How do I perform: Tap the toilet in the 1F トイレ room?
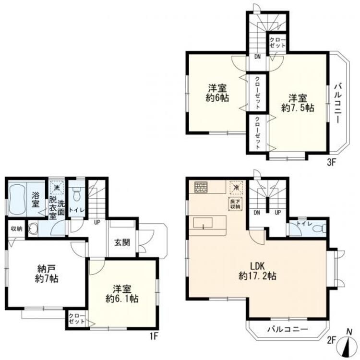pyautogui.click(x=75, y=195)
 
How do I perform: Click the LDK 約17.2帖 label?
pyautogui.click(x=257, y=271)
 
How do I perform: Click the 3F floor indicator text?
pyautogui.click(x=331, y=162)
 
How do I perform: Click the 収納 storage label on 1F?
pyautogui.click(x=17, y=228)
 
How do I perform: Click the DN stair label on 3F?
pyautogui.click(x=258, y=57)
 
